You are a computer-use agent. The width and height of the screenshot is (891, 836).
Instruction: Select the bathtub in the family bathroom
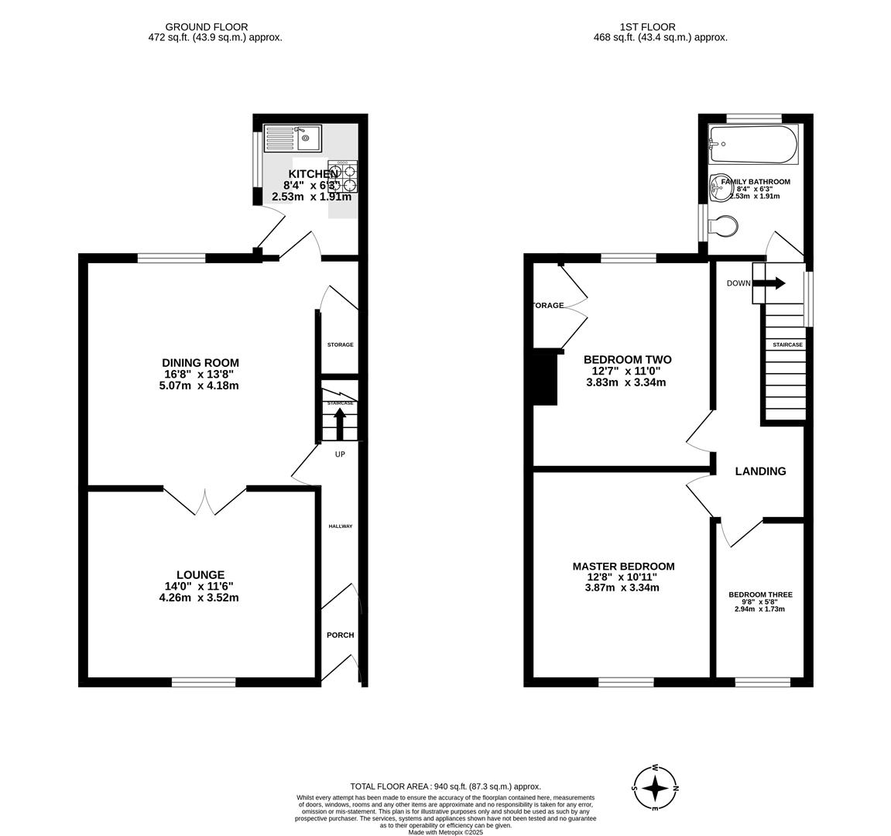pyautogui.click(x=753, y=144)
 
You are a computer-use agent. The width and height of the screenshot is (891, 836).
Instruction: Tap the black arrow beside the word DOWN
pyautogui.click(x=769, y=283)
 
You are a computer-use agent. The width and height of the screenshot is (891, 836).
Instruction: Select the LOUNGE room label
pyautogui.click(x=200, y=574)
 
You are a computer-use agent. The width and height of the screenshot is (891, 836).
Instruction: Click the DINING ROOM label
pyautogui.click(x=200, y=362)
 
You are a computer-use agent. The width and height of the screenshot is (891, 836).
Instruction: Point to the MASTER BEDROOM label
pyautogui.click(x=623, y=567)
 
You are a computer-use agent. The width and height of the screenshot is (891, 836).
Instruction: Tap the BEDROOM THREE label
pyautogui.click(x=760, y=595)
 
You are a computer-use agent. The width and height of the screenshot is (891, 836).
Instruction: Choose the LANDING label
pyautogui.click(x=760, y=471)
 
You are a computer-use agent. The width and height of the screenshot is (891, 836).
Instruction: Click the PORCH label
pyautogui.click(x=340, y=635)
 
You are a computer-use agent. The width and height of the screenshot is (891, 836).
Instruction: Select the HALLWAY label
pyautogui.click(x=340, y=526)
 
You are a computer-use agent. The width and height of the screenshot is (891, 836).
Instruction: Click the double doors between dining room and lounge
pyautogui.click(x=205, y=501)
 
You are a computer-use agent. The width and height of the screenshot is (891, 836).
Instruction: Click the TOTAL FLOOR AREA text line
pyautogui.click(x=445, y=786)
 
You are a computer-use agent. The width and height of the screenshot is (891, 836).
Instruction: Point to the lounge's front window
pyautogui.click(x=204, y=682)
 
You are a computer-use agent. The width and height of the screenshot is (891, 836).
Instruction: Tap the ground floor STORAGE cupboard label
pyautogui.click(x=340, y=344)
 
